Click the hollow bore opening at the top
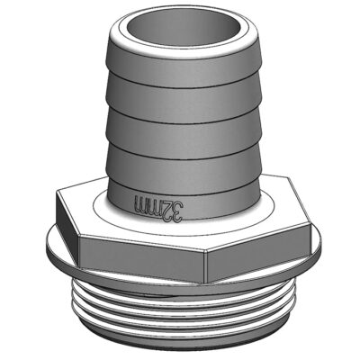tap(185, 29)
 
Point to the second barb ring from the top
tap(184, 97)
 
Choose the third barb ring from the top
tap(184, 132)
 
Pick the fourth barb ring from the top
tap(184, 165)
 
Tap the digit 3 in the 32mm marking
tap(177, 212)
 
